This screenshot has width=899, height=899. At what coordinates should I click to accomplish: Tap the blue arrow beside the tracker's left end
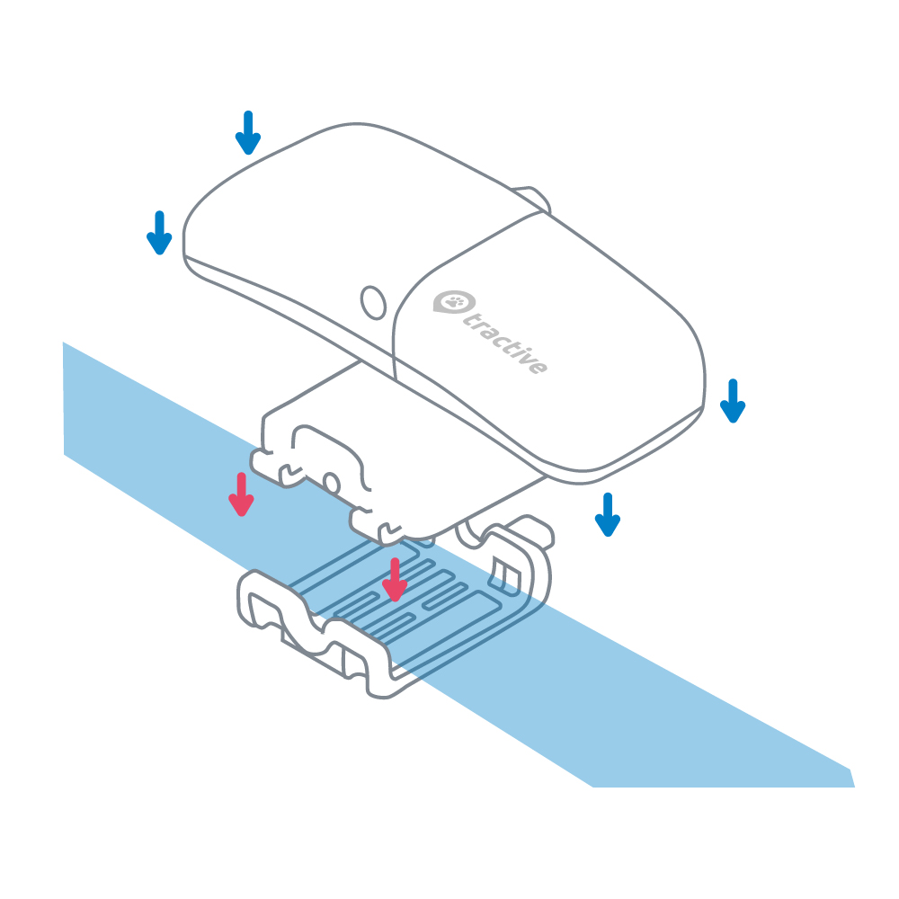coord(159,233)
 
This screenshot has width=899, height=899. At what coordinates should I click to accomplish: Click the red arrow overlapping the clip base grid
coord(393,580)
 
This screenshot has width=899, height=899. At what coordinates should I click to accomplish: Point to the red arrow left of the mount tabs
coord(240,494)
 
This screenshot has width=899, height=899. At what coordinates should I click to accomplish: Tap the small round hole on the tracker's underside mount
coord(332,483)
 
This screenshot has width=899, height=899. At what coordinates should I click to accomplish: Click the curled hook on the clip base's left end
coord(256,598)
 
